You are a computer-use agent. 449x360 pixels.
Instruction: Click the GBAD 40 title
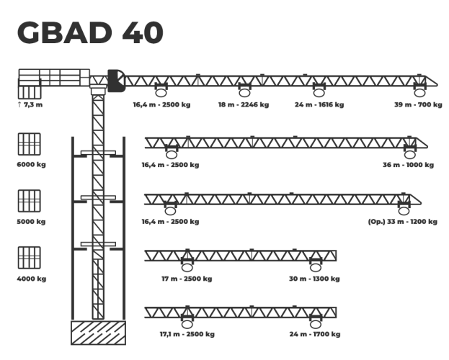tap(90, 33)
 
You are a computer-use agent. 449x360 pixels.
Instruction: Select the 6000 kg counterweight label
tap(31, 164)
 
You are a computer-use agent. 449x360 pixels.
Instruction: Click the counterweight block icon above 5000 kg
tap(29, 200)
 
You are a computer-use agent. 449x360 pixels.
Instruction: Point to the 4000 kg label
tap(31, 279)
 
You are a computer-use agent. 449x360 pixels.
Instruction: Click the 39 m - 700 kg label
tap(418, 105)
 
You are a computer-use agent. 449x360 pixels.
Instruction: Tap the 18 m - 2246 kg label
tap(244, 105)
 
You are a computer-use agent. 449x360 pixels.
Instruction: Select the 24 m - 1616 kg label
tap(319, 105)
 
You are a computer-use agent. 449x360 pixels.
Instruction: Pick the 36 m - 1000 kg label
tap(409, 165)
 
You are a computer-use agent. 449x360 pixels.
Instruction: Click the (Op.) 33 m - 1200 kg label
tap(402, 222)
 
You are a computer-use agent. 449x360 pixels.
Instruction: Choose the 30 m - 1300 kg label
tap(315, 279)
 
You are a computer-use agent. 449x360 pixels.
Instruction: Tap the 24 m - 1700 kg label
tap(315, 334)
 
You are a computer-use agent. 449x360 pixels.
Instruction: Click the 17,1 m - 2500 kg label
tap(187, 334)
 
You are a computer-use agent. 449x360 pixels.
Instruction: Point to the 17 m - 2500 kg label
tap(187, 279)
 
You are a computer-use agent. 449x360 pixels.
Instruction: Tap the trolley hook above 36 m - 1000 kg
tap(409, 151)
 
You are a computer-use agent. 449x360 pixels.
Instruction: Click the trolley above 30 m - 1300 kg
tap(315, 264)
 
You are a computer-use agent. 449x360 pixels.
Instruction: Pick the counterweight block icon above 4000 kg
tap(29, 257)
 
